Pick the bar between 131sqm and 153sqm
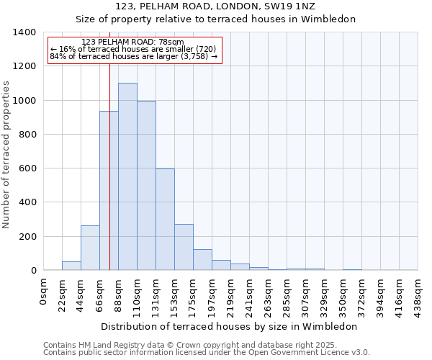(x=165, y=220)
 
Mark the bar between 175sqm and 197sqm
(x=202, y=260)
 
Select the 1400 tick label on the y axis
(x=24, y=32)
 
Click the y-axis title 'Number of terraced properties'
(x=7, y=154)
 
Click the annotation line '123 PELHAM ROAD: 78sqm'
(x=133, y=42)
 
